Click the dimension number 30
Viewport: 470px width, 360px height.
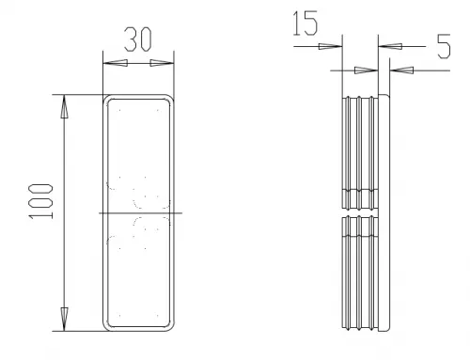(x=138, y=39)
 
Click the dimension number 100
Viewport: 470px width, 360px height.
(x=40, y=201)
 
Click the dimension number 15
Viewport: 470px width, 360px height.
(x=305, y=23)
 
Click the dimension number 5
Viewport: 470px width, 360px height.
(x=444, y=46)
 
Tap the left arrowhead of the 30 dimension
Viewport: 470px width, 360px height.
(x=116, y=63)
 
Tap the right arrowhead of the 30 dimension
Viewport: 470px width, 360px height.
(x=162, y=63)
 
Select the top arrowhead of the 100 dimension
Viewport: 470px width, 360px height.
(x=64, y=106)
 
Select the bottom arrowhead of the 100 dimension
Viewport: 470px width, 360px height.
(x=64, y=319)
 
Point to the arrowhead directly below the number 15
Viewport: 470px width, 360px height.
(x=330, y=46)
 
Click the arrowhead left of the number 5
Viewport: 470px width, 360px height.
(x=390, y=46)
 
